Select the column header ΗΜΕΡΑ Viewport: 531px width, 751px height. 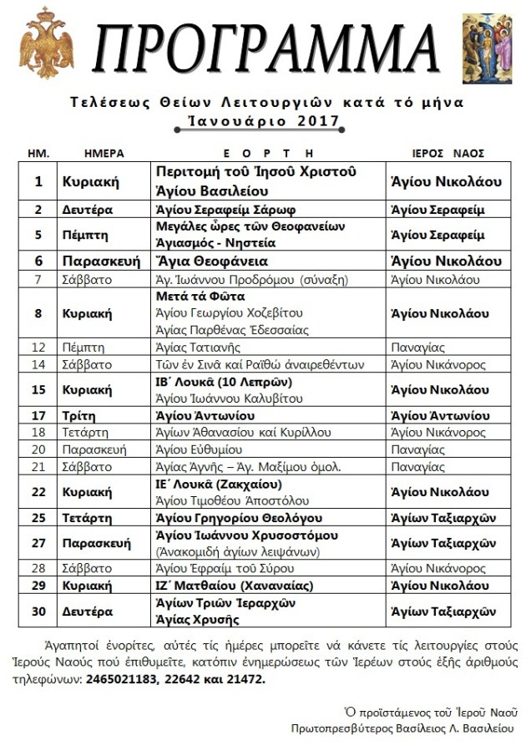coord(104,154)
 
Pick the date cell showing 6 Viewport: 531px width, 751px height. coord(38,261)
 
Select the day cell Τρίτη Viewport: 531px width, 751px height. coord(80,415)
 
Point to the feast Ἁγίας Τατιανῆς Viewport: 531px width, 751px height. coord(199,347)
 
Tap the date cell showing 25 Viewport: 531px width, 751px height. coord(38,519)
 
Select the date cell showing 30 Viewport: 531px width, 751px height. coord(38,611)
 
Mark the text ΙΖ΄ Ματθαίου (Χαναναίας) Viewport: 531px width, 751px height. coord(235,586)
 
